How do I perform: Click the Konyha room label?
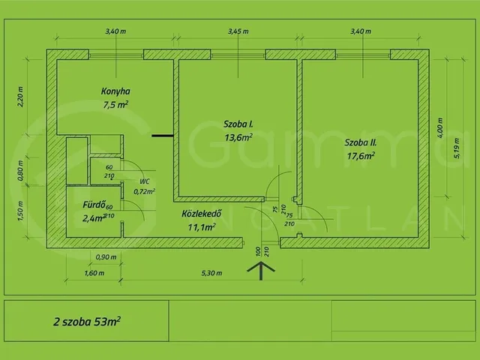(x=115, y=91)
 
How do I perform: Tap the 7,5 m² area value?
(x=115, y=105)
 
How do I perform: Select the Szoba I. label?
(x=238, y=124)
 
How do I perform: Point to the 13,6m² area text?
(x=238, y=137)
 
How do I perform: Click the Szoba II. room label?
(x=361, y=142)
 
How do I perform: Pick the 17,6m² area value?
(x=361, y=156)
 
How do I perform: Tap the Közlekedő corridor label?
(x=202, y=213)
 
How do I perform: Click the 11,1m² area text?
(x=202, y=226)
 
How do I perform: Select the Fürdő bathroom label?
(x=94, y=205)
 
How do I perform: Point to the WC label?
(x=145, y=181)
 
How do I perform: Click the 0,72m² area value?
(x=144, y=192)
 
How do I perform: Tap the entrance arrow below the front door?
(x=261, y=271)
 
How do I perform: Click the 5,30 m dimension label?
(x=211, y=273)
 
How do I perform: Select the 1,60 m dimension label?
(x=94, y=273)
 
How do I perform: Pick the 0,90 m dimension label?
(x=106, y=257)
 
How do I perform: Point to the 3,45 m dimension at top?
(x=238, y=31)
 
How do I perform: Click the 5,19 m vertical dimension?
(x=457, y=148)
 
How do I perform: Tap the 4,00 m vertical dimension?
(x=440, y=127)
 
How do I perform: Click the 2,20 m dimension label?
(x=20, y=97)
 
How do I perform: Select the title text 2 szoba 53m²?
(x=87, y=322)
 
